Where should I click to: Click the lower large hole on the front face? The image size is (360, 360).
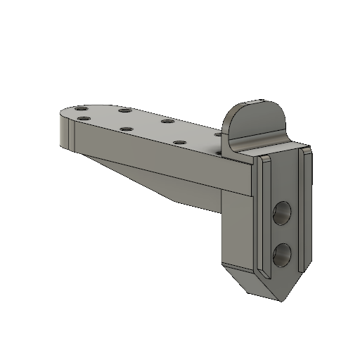tap(283, 255)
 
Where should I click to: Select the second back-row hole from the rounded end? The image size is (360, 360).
tap(124, 110)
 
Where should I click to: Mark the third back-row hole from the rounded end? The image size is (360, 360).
tap(167, 121)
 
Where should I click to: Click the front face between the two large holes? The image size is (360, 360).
tap(283, 233)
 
